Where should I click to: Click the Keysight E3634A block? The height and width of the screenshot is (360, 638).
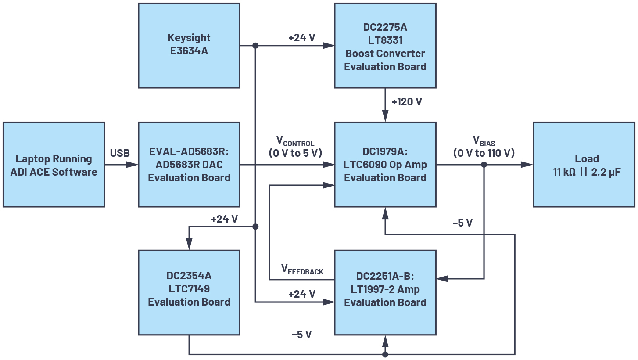pyautogui.click(x=189, y=45)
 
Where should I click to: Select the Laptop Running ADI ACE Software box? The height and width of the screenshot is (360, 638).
pyautogui.click(x=54, y=165)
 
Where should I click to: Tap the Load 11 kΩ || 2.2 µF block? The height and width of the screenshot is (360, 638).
pyautogui.click(x=584, y=165)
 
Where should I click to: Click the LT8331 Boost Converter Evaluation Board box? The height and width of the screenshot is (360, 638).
pyautogui.click(x=385, y=45)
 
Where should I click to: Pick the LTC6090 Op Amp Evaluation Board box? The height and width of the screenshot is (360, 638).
pyautogui.click(x=385, y=165)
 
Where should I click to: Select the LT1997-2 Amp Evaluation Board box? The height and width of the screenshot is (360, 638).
pyautogui.click(x=385, y=292)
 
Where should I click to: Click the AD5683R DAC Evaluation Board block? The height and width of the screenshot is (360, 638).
pyautogui.click(x=189, y=165)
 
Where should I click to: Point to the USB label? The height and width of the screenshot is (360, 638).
pyautogui.click(x=120, y=153)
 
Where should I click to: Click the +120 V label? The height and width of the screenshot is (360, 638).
pyautogui.click(x=406, y=102)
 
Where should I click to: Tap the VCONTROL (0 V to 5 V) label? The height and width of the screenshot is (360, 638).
pyautogui.click(x=295, y=147)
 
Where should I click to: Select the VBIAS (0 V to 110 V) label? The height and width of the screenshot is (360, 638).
pyautogui.click(x=484, y=147)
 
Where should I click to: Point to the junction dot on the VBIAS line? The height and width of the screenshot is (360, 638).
pyautogui.click(x=484, y=165)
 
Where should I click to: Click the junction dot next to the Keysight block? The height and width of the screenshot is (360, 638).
pyautogui.click(x=255, y=45)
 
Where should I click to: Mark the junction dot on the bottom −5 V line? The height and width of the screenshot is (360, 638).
pyautogui.click(x=385, y=354)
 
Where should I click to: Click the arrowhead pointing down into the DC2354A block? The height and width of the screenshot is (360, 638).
pyautogui.click(x=189, y=244)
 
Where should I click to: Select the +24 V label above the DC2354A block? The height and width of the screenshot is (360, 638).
pyautogui.click(x=224, y=219)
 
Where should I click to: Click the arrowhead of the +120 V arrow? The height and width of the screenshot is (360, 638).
pyautogui.click(x=385, y=116)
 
